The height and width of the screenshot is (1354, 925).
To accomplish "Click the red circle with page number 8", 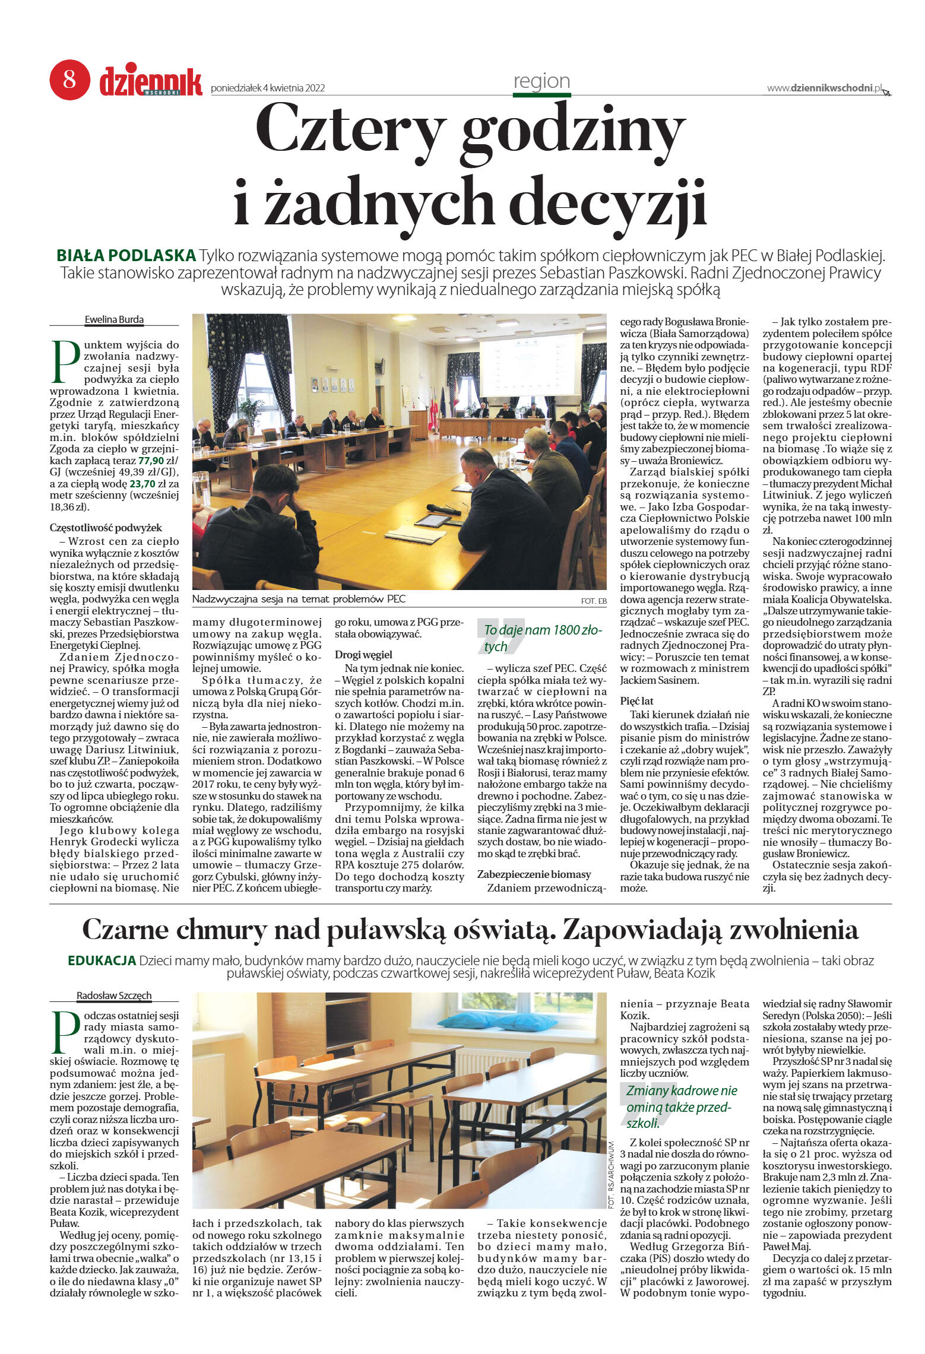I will [x=69, y=80].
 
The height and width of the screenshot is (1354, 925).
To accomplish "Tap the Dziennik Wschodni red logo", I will [x=150, y=81].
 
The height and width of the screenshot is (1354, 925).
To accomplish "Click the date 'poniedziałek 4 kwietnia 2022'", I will [x=268, y=88].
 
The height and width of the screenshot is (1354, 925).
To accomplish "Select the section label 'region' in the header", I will [x=541, y=81].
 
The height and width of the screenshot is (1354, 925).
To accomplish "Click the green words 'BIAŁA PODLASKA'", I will [x=126, y=256].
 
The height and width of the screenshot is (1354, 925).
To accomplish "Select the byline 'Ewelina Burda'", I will [x=114, y=319].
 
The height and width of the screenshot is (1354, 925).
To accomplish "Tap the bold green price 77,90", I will [x=151, y=461].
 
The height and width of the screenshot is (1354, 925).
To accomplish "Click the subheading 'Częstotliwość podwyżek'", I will [x=106, y=528].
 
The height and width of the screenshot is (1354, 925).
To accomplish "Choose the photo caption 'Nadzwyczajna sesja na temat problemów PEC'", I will [x=299, y=599].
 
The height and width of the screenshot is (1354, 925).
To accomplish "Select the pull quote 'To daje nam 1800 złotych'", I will [x=541, y=638].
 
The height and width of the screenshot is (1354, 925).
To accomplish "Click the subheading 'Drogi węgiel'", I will [x=363, y=655].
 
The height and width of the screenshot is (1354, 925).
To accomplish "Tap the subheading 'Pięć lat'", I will [x=637, y=701].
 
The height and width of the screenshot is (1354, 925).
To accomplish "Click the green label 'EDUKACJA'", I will [x=102, y=960].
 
